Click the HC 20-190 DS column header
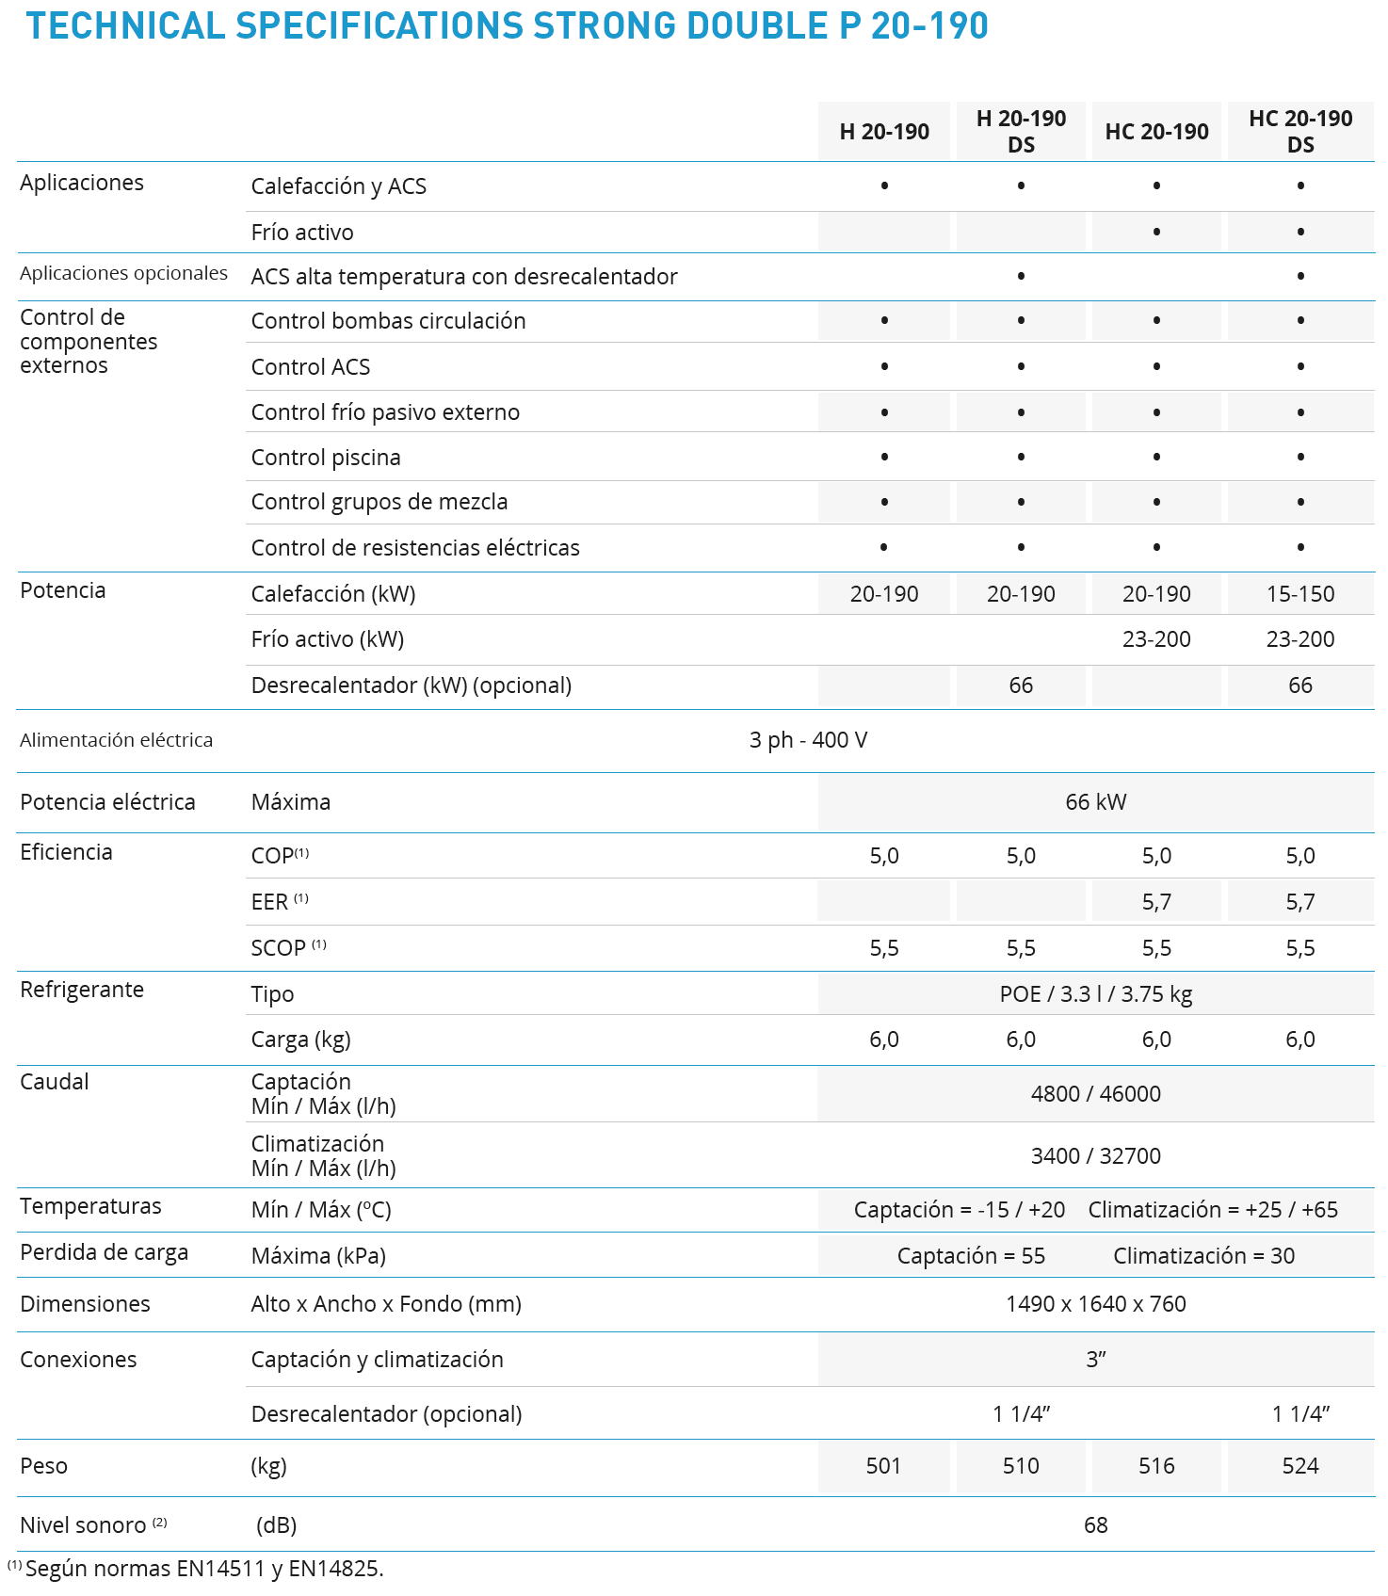[x=1299, y=131]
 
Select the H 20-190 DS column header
[x=1021, y=131]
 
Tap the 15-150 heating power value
[x=1299, y=594]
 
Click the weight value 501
[x=883, y=1466]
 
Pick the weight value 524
[x=1299, y=1466]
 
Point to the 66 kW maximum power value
[x=1095, y=802]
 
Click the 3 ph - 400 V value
[x=808, y=740]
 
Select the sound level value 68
[x=1095, y=1525]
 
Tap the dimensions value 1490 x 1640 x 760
[x=1095, y=1304]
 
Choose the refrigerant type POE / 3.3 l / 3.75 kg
[x=1095, y=994]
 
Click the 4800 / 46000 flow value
[x=1095, y=1094]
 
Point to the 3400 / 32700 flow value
[x=1095, y=1156]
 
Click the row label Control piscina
[x=326, y=458]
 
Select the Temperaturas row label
[x=90, y=1206]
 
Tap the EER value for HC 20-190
[x=1156, y=902]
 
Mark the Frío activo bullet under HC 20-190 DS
[x=1299, y=232]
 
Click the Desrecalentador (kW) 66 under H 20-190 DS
[x=1021, y=685]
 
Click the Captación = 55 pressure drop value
[x=971, y=1256]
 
